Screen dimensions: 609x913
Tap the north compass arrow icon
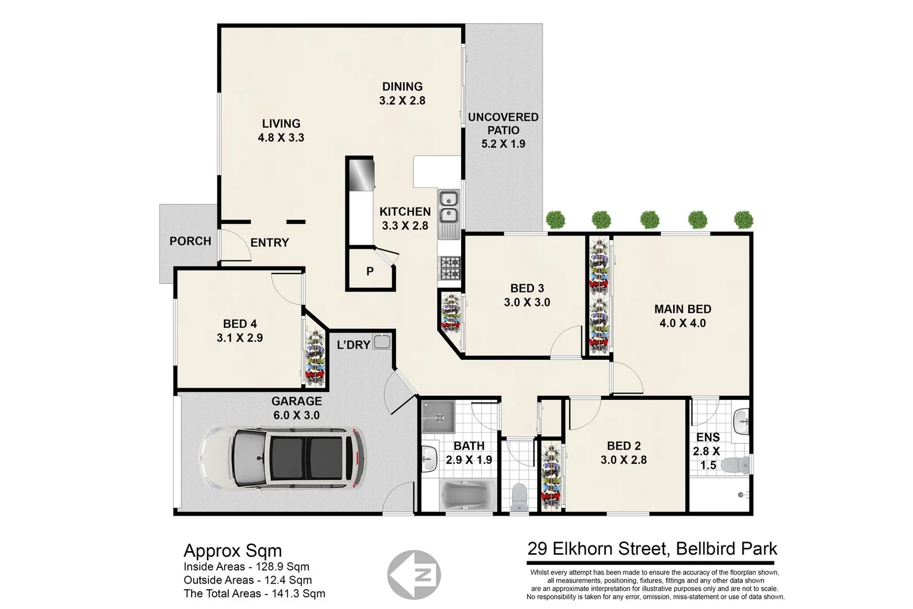click(414, 575)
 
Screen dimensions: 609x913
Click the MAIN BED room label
click(682, 309)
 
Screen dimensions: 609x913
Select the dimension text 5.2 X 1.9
click(503, 144)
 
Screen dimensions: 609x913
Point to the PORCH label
click(190, 241)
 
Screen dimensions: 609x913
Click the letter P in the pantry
click(370, 271)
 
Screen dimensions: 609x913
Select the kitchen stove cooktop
click(450, 268)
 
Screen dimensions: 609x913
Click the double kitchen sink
click(449, 206)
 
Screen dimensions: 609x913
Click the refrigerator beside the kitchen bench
click(361, 175)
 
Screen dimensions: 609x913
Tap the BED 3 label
click(527, 289)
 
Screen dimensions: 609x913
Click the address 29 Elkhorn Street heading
click(652, 549)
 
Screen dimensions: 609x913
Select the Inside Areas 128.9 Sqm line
click(246, 567)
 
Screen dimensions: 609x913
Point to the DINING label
click(402, 87)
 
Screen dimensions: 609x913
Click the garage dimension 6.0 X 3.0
click(296, 416)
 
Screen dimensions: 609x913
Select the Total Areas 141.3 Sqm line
click(254, 593)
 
